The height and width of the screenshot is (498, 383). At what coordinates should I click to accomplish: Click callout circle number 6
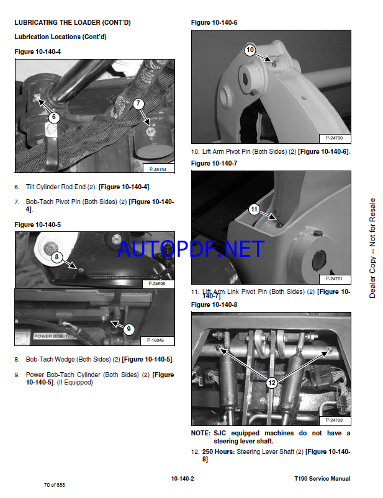point(54,117)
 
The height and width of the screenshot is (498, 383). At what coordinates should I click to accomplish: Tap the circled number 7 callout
point(138,103)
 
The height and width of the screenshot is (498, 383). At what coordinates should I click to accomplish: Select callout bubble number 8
point(57,257)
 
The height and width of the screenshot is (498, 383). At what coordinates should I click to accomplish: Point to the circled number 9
point(128,329)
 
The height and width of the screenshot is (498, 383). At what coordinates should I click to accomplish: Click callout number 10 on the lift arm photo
point(250,50)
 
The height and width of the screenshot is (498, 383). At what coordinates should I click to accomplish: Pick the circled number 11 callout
point(254,209)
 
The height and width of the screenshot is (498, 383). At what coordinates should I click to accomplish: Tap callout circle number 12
point(272,383)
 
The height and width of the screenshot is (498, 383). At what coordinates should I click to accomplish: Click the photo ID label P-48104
point(158,169)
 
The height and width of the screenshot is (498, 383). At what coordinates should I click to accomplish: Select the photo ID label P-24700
point(334,138)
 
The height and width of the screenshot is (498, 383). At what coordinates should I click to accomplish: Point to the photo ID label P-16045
point(155,340)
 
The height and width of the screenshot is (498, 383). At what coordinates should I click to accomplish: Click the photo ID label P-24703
point(334,420)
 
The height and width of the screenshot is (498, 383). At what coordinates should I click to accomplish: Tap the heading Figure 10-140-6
point(214,22)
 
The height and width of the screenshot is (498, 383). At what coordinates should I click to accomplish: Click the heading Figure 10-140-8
point(214,305)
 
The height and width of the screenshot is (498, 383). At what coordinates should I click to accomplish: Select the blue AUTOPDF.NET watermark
point(191,249)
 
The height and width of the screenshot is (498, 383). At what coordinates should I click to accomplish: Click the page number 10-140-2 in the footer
point(182,479)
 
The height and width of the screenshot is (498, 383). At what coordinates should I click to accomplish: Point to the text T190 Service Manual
point(322,479)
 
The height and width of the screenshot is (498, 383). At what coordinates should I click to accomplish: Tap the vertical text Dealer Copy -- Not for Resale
point(372,248)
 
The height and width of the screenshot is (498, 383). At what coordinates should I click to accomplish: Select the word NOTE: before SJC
point(201,434)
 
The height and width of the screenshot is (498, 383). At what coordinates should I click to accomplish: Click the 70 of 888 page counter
point(55,485)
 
